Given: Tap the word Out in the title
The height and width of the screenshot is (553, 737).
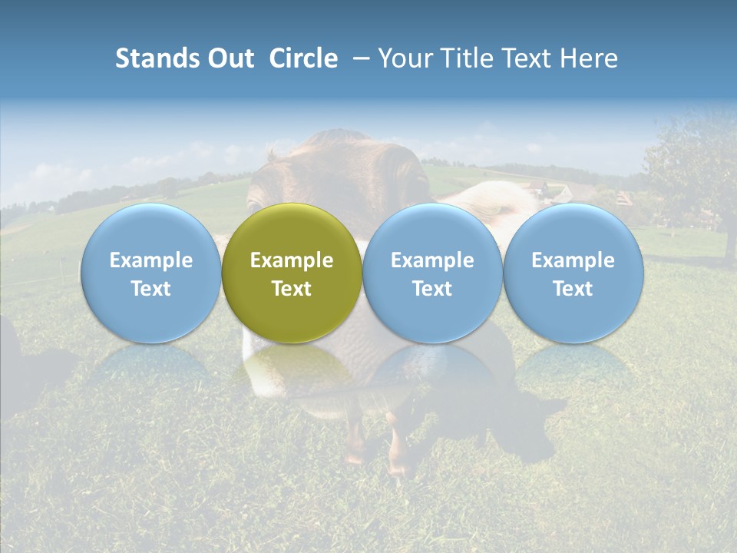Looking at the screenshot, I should pyautogui.click(x=229, y=58).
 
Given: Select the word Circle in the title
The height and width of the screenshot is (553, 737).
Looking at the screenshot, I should pyautogui.click(x=303, y=58).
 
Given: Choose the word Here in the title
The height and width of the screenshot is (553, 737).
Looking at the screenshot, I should pyautogui.click(x=590, y=58).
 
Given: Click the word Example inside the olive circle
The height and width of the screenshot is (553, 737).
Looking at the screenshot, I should pyautogui.click(x=292, y=260).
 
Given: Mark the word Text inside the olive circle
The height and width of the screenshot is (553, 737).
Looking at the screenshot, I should pyautogui.click(x=292, y=289).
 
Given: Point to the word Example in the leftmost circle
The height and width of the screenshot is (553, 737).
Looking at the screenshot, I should pyautogui.click(x=150, y=260).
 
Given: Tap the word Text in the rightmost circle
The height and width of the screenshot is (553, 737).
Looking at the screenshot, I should pyautogui.click(x=573, y=289).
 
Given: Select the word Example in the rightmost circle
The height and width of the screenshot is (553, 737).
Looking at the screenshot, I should pyautogui.click(x=573, y=260).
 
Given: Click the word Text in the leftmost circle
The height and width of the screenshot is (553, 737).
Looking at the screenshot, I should pyautogui.click(x=150, y=289).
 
